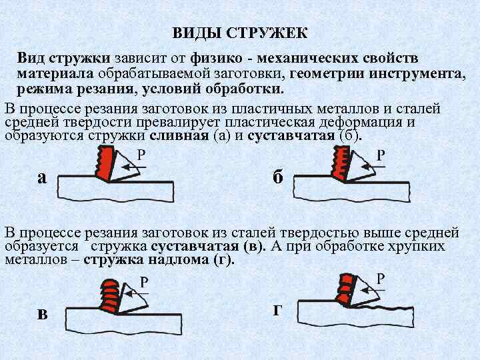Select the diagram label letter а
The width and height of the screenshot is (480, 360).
[42, 177]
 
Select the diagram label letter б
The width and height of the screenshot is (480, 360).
[279, 177]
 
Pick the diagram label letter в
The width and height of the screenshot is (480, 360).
[42, 314]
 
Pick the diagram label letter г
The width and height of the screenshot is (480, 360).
[277, 310]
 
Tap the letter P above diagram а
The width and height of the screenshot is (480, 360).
[142, 155]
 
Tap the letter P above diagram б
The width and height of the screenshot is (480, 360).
[381, 155]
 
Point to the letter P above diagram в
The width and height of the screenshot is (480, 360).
[143, 283]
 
